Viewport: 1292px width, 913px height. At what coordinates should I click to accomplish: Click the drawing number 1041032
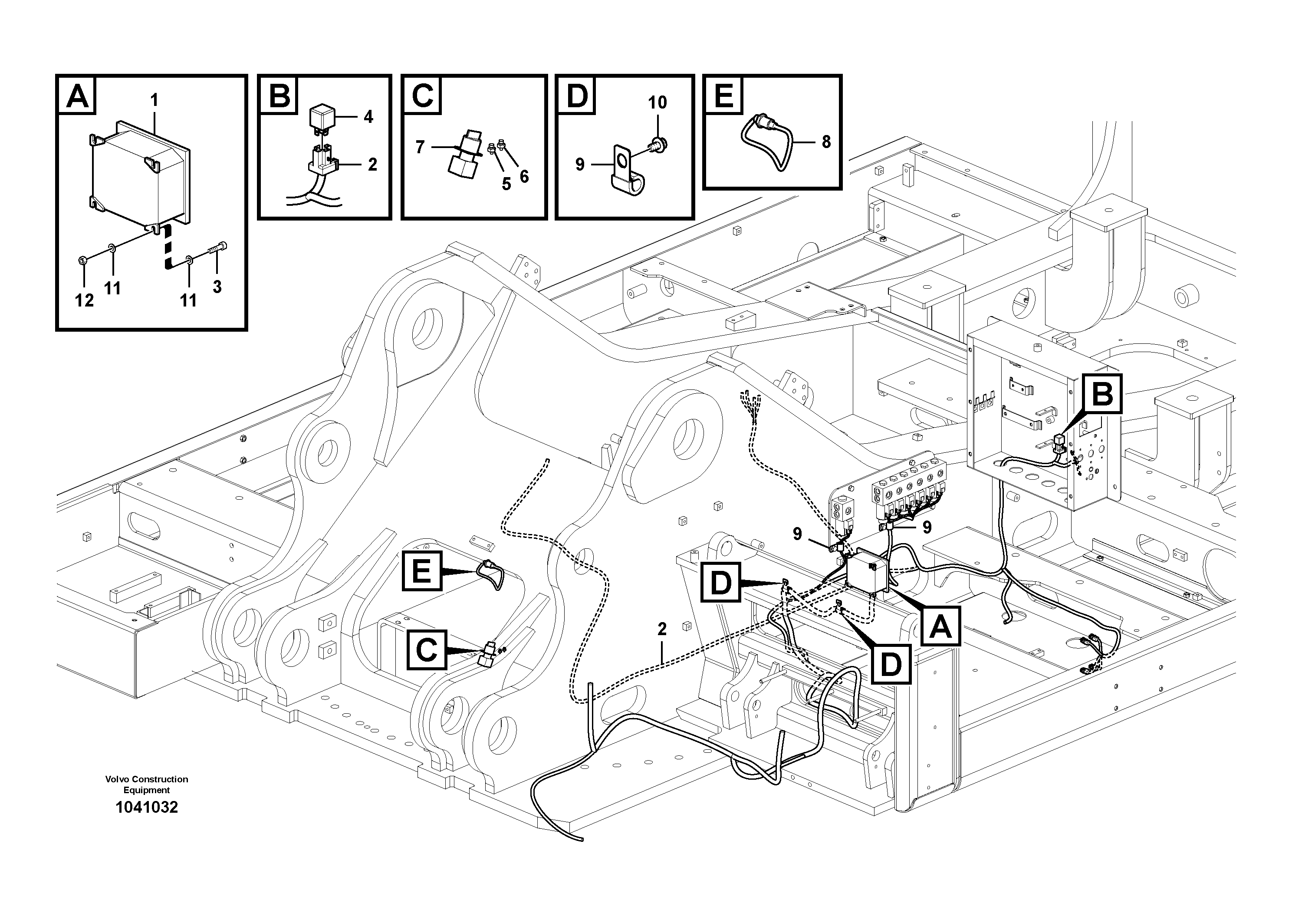pyautogui.click(x=146, y=807)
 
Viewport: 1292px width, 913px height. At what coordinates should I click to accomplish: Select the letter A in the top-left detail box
pyautogui.click(x=77, y=96)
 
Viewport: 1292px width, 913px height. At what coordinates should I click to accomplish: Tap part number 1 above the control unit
pyautogui.click(x=154, y=100)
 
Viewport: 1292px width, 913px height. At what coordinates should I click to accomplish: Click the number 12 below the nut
pyautogui.click(x=84, y=300)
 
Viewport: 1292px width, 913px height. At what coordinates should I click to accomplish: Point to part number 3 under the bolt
pyautogui.click(x=217, y=287)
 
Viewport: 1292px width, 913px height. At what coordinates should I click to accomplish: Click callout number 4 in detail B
pyautogui.click(x=368, y=117)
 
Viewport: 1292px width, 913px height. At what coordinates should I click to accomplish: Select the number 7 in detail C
pyautogui.click(x=420, y=148)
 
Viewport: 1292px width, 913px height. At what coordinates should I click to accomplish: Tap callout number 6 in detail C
pyautogui.click(x=524, y=177)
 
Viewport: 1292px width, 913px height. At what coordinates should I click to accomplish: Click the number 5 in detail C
pyautogui.click(x=506, y=184)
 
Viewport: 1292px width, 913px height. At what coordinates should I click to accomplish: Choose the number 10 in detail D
pyautogui.click(x=657, y=102)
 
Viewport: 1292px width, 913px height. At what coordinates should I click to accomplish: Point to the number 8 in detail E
pyautogui.click(x=826, y=142)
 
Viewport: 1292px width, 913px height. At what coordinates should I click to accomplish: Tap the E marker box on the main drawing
pyautogui.click(x=421, y=571)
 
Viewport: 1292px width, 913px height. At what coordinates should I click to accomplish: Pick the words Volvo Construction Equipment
pyautogui.click(x=146, y=784)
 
